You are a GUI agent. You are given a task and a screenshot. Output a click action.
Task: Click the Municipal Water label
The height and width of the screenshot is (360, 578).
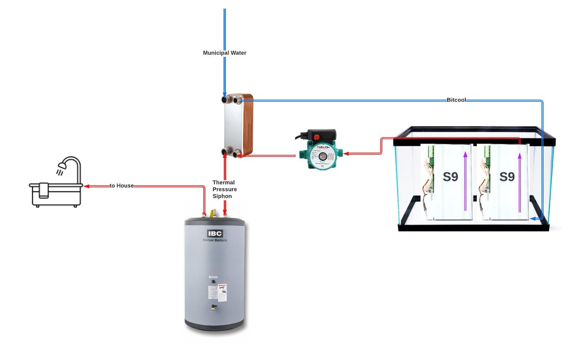pos(224,53)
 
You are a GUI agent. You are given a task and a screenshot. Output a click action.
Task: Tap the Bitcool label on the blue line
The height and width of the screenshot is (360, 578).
pos(456,100)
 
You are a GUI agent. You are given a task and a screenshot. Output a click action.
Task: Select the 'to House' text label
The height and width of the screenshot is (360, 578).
pos(121,185)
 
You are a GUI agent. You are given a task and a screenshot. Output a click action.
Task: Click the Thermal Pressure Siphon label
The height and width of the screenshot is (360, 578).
pos(224,189)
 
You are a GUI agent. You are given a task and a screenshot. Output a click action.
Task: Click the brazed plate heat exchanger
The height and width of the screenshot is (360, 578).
pos(238,126)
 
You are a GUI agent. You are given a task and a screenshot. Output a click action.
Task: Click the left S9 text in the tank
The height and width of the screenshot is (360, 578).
pos(450,177)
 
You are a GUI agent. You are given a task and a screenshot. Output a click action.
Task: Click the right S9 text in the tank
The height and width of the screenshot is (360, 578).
pos(507,177)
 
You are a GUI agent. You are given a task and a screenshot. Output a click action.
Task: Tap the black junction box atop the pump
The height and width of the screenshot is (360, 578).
pos(319,134)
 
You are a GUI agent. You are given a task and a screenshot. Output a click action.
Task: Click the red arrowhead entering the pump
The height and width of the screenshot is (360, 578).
pos(346,154)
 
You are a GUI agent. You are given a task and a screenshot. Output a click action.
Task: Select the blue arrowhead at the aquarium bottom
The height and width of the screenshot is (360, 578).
pos(536,218)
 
